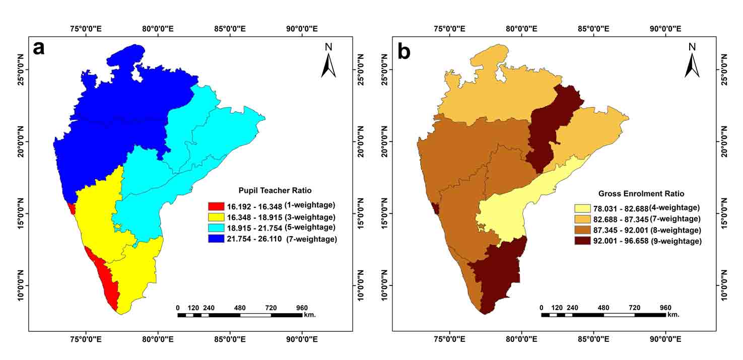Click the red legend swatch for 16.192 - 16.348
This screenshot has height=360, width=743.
click(216, 206)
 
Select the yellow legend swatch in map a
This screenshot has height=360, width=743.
click(216, 218)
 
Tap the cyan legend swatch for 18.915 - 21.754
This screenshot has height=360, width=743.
click(216, 228)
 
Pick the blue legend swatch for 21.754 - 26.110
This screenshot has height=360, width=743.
click(216, 239)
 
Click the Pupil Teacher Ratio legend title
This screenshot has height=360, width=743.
click(275, 191)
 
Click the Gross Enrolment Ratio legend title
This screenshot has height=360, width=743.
click(641, 193)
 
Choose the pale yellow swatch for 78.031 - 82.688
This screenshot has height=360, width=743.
click(583, 208)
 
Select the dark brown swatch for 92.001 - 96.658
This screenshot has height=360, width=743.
click(583, 241)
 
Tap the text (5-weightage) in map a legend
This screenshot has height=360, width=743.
click(310, 228)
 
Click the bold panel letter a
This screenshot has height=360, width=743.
click(38, 48)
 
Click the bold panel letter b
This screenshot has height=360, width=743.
click(403, 51)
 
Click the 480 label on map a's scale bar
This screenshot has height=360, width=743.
click(240, 308)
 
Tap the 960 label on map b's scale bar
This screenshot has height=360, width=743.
click(665, 308)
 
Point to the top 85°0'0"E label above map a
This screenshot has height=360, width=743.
click(230, 29)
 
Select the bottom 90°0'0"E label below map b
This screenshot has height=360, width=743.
click(665, 339)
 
